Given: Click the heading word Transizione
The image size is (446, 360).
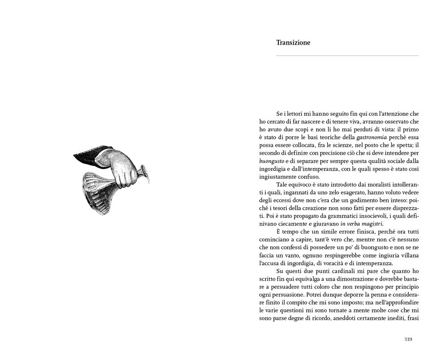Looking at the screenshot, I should (x=293, y=43).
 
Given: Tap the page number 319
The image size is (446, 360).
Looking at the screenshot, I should (x=408, y=339).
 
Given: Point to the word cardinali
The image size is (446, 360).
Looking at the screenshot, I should (x=339, y=271).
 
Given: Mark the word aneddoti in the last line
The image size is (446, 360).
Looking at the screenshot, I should (x=352, y=319).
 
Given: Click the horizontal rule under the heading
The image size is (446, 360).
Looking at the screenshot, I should (x=347, y=56).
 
